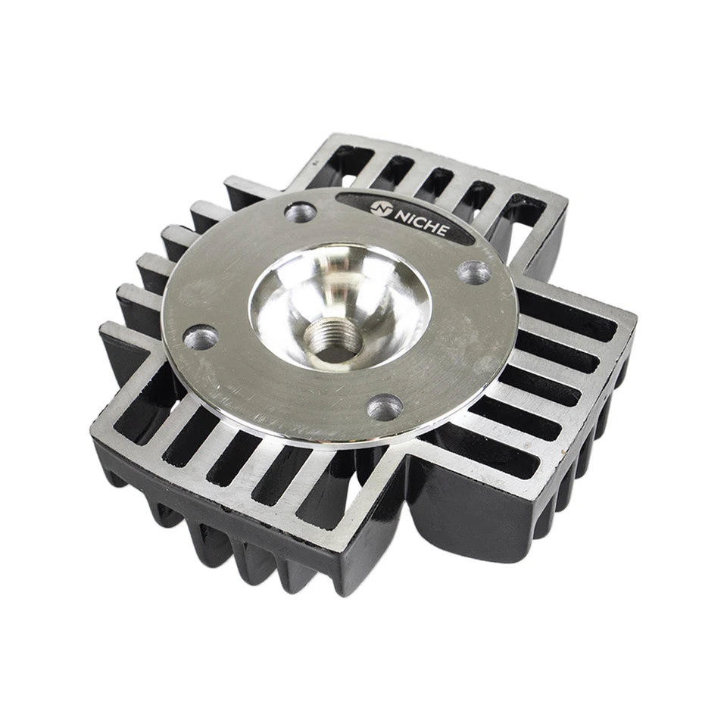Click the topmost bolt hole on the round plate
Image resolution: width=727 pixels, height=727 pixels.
[301, 211]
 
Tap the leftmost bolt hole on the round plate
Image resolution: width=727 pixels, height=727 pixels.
[201, 336]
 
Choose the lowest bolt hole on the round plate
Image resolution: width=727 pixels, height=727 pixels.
[385, 407]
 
